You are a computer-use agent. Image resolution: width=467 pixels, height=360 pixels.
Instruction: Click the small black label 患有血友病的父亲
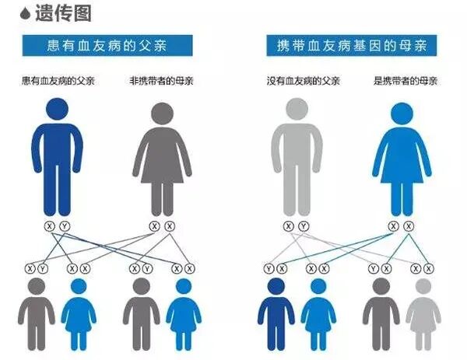[55, 80]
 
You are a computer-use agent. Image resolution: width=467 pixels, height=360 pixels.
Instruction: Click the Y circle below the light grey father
[304, 226]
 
